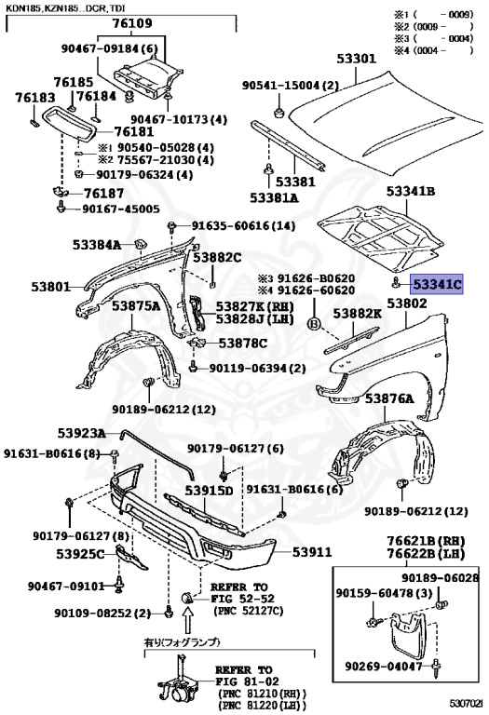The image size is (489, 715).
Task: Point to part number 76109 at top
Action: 133,22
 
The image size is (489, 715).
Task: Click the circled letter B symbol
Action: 313,322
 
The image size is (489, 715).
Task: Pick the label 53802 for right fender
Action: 407,304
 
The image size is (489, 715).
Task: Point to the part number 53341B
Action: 412,192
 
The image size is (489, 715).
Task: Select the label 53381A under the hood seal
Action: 274,198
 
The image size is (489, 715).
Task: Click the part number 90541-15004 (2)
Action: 291,86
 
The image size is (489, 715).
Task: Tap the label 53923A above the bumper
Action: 81,434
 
